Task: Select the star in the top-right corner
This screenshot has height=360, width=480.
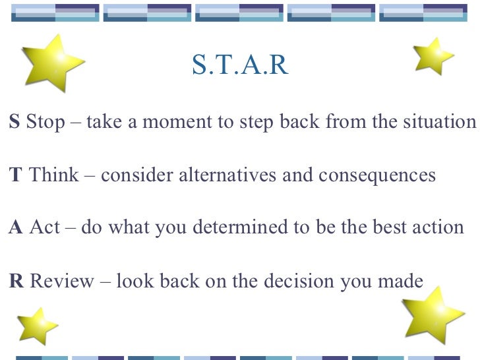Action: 432,56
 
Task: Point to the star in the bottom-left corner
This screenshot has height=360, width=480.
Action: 37,326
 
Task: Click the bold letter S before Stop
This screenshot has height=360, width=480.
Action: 14,123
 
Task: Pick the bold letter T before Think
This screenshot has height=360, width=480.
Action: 15,175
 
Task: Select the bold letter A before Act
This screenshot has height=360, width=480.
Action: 15,228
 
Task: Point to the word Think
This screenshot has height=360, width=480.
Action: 54,175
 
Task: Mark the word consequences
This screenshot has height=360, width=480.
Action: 377,175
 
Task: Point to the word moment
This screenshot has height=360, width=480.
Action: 175,123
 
